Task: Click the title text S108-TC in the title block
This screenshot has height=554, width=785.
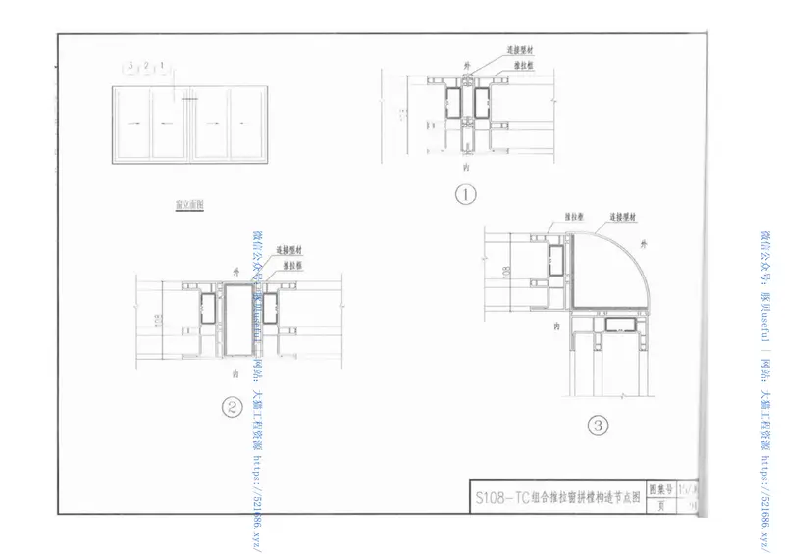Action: [500, 496]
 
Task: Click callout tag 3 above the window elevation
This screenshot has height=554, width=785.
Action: [131, 67]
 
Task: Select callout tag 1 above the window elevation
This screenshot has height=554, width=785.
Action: [160, 67]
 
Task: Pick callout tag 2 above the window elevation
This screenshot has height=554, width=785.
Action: [145, 67]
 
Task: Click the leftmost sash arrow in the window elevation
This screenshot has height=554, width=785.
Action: [132, 125]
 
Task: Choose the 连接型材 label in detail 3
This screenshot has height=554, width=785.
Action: [625, 215]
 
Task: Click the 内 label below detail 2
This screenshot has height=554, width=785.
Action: [235, 374]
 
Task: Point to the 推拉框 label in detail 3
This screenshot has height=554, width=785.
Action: [575, 215]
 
